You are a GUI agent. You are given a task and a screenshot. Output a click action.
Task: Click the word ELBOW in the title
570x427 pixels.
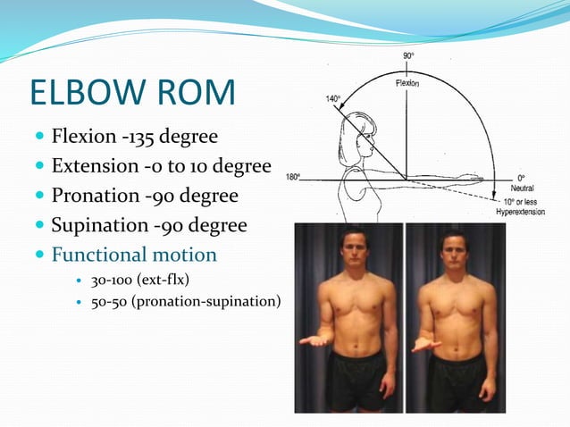tap(88, 94)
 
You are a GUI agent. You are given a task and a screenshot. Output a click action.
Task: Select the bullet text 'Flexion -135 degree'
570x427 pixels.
tap(133, 138)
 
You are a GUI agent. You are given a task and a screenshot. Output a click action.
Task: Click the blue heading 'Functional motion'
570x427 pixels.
tap(134, 255)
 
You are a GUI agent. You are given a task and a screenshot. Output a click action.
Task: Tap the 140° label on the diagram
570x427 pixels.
tap(332, 98)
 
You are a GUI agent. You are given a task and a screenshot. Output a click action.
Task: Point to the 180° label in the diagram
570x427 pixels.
tap(292, 176)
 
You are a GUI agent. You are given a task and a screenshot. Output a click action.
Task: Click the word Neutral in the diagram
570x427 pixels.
tap(522, 188)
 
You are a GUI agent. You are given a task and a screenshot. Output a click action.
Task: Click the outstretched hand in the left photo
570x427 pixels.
tap(310, 341)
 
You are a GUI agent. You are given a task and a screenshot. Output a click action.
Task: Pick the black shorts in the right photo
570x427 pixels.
tap(455, 379)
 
